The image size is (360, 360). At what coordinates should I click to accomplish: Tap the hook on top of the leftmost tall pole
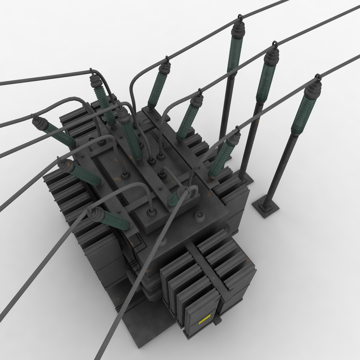point(239,18)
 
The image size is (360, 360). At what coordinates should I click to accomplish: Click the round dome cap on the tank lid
point(200,216)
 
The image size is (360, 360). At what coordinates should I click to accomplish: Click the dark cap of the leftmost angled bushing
point(38,122)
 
